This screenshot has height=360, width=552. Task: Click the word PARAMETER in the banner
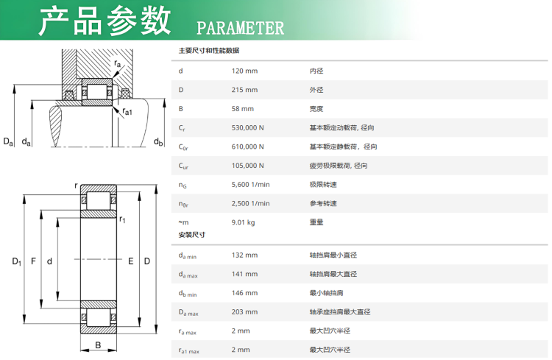240,28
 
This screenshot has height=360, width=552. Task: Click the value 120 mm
244,71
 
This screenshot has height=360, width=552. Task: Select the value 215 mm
244,90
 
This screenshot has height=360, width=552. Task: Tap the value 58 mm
243,109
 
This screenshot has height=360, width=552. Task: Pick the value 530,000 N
247,128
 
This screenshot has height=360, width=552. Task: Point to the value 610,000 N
247,147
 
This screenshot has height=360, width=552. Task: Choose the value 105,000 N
247,166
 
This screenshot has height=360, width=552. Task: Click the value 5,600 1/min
250,185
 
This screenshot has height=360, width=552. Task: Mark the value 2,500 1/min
250,204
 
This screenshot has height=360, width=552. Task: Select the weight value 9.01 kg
243,222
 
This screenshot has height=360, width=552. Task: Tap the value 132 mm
244,255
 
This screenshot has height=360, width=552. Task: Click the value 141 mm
244,274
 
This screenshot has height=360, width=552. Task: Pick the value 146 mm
244,293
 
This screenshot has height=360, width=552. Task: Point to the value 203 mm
244,312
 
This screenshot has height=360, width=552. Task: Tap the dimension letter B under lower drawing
98,346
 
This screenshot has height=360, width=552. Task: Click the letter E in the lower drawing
130,261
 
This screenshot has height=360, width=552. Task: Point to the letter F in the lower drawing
33,261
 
